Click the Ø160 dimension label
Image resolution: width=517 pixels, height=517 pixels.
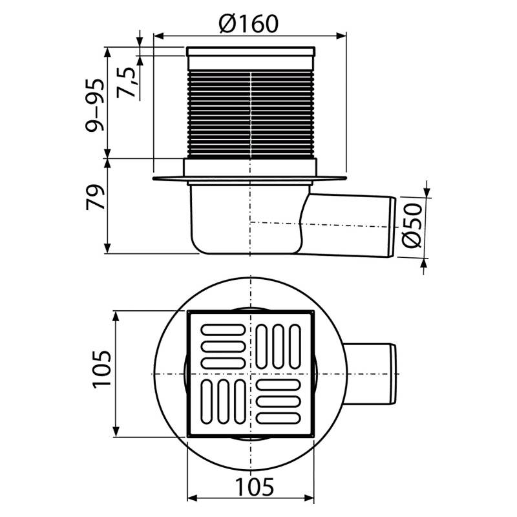point(249,24)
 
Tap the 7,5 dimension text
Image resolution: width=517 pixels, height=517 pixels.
point(127,83)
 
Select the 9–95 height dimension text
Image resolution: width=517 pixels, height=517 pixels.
point(94,105)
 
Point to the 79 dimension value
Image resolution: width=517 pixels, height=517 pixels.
point(95,197)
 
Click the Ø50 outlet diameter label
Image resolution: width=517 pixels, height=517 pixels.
point(412,226)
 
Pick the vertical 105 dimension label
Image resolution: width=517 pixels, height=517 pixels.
point(102,370)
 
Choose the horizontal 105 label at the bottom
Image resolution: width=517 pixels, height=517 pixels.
point(255,487)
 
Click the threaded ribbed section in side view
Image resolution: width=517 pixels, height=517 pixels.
point(251,114)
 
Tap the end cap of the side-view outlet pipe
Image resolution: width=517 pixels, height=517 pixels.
point(392,227)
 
